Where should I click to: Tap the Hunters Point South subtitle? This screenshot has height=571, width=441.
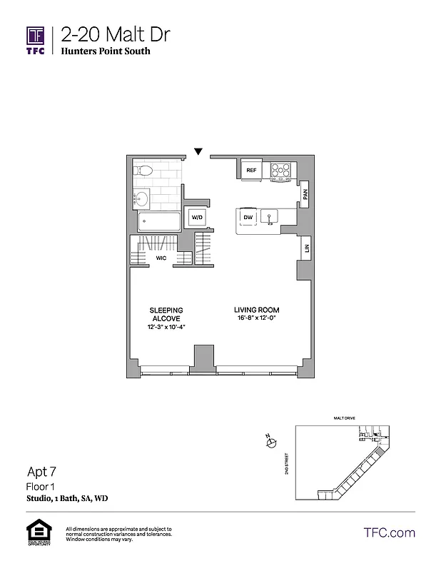(x=105, y=51)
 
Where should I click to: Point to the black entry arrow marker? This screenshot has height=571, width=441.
(x=198, y=151)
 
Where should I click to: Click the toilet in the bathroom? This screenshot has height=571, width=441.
(x=142, y=171)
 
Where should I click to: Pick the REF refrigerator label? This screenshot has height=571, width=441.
(x=251, y=171)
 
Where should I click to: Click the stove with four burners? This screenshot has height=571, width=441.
(x=280, y=171)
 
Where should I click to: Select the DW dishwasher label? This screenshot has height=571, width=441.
(x=248, y=217)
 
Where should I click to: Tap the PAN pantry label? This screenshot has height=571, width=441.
(x=305, y=193)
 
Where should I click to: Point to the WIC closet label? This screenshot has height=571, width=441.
(x=162, y=258)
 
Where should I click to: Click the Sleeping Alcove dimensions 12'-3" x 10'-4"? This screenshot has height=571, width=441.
(x=166, y=326)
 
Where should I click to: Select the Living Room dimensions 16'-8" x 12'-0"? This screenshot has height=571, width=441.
(x=256, y=318)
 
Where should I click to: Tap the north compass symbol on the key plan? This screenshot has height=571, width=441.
(x=270, y=444)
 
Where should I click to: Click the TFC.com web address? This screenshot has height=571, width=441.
(x=389, y=532)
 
